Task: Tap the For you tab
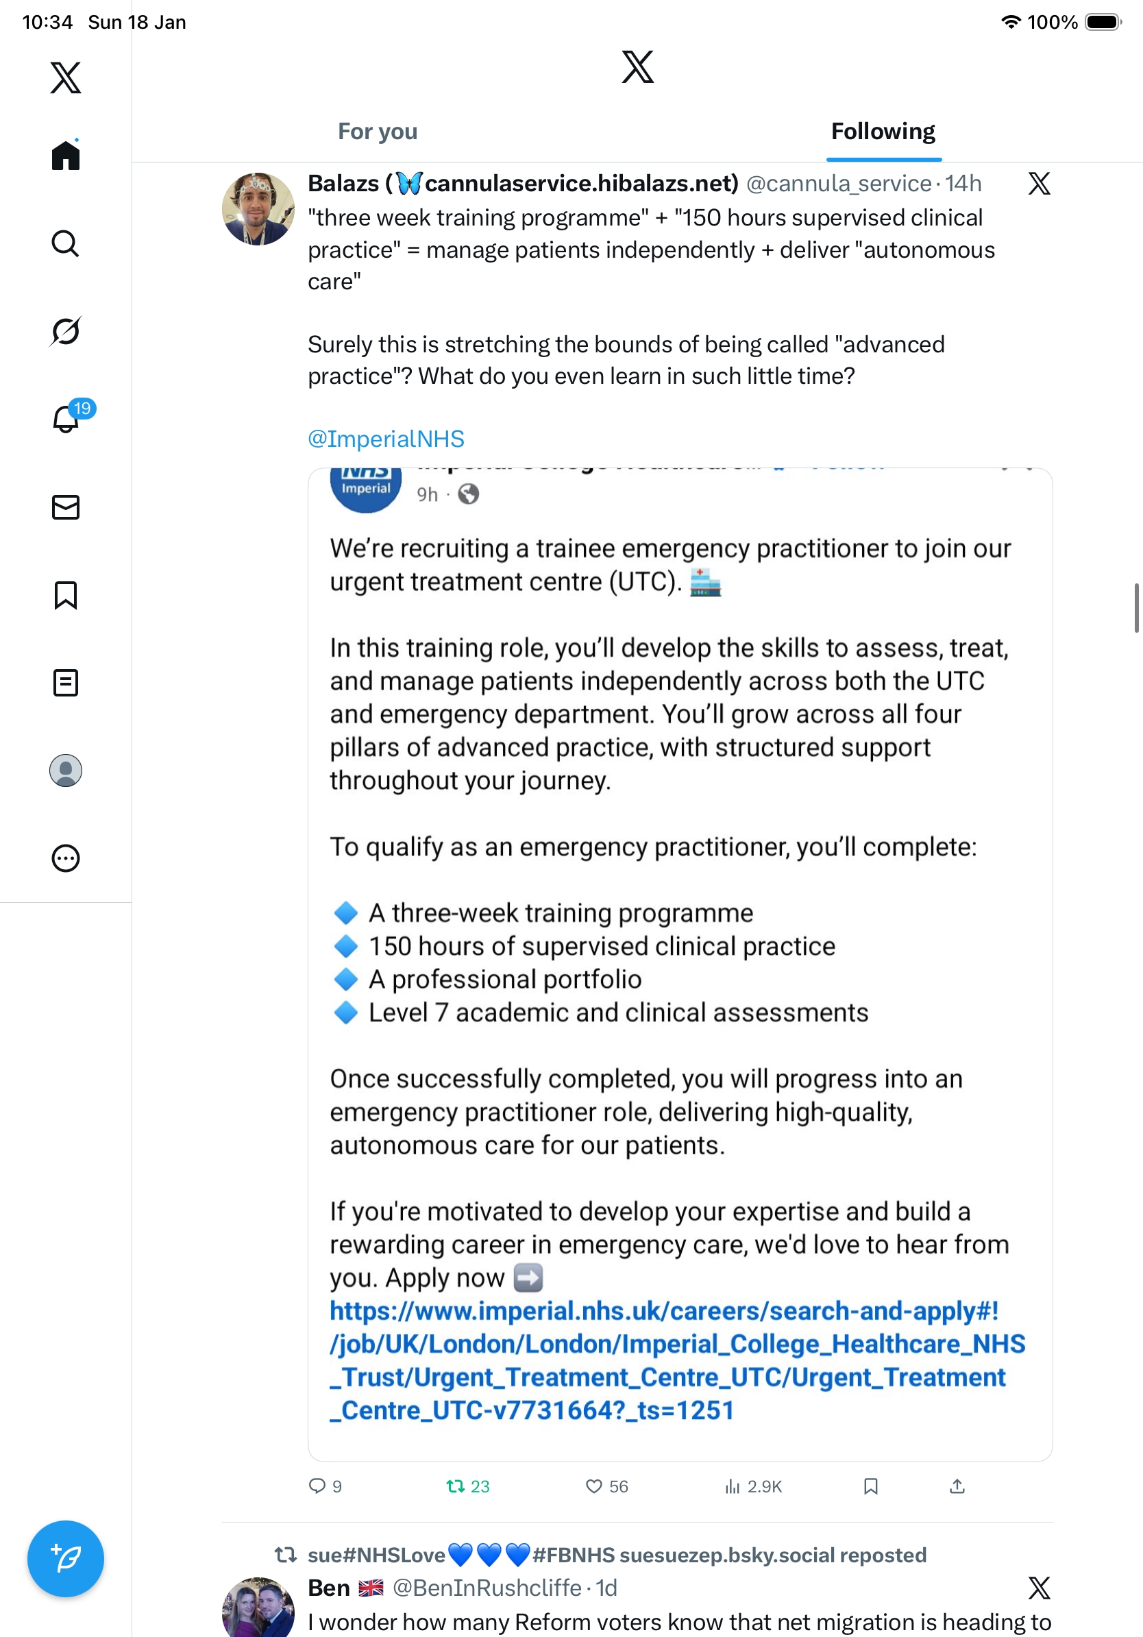tap(377, 132)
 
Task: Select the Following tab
tap(882, 132)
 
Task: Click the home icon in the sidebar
tap(66, 155)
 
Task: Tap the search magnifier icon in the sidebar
tap(66, 244)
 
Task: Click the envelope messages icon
tap(66, 508)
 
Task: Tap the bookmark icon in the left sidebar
tap(66, 595)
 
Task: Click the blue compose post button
tap(66, 1558)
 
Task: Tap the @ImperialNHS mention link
tap(386, 439)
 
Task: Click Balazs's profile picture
tap(258, 209)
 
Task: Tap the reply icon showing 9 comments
tap(317, 1486)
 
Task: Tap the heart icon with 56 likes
tap(593, 1486)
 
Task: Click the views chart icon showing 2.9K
tap(733, 1486)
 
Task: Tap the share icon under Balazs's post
tap(957, 1486)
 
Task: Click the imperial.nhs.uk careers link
tap(676, 1360)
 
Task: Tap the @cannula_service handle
tap(838, 184)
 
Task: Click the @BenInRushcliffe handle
tap(487, 1588)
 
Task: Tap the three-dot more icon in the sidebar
tap(66, 858)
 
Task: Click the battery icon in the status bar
tap(1102, 22)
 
